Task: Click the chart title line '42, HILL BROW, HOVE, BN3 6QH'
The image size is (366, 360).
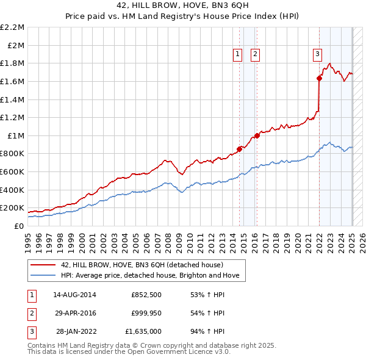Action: coord(182,5)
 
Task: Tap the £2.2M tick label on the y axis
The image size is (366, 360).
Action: coord(12,27)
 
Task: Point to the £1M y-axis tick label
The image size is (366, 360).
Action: coord(16,135)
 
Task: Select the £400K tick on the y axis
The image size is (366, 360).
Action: coord(12,190)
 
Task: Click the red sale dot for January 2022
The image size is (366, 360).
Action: coord(319,78)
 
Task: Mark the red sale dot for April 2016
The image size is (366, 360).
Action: coord(257,135)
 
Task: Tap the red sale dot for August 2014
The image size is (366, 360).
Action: coord(239,148)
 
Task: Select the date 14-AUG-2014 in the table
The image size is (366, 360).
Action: coord(75,295)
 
